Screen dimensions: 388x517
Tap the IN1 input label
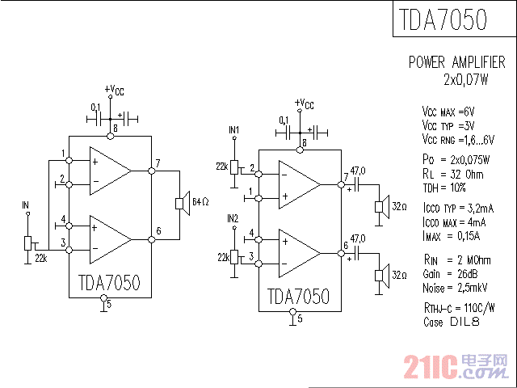coord(234,130)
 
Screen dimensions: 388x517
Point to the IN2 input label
coord(233,218)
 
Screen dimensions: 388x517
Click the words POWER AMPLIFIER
coord(456,62)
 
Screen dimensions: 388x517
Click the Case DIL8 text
coord(451,322)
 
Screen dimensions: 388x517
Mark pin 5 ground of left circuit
coord(104,302)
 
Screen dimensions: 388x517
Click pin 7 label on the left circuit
coord(158,164)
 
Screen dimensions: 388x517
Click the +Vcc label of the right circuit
coord(304,103)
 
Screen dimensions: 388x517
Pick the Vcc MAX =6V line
coord(448,112)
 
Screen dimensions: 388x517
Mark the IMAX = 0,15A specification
coord(451,236)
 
